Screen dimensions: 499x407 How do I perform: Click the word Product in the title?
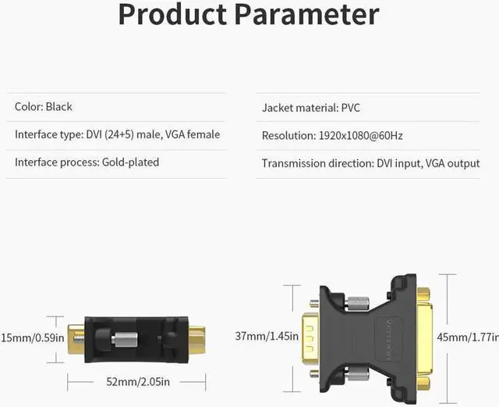[172, 14]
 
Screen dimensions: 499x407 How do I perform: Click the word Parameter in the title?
[307, 14]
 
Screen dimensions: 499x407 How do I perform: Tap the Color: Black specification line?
[44, 106]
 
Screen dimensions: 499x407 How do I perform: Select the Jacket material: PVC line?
[311, 108]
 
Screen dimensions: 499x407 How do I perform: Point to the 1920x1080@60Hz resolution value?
[360, 136]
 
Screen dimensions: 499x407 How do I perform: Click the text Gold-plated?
[130, 162]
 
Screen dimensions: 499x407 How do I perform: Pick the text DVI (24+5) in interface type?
[110, 134]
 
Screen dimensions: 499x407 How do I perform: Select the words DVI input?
[398, 163]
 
